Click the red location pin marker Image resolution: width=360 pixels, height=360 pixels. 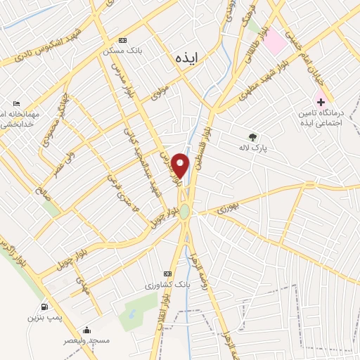click(x=181, y=166)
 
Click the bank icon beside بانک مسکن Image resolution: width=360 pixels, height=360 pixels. click(x=124, y=40)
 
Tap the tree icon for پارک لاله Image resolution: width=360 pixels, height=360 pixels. click(x=252, y=137)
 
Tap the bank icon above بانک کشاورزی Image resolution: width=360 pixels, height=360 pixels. click(x=167, y=273)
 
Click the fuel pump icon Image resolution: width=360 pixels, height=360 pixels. click(x=45, y=307)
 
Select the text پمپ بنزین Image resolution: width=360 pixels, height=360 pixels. click(x=40, y=319)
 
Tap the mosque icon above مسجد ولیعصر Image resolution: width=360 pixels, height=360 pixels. click(x=86, y=329)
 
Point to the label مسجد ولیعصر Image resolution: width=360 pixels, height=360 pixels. click(x=88, y=341)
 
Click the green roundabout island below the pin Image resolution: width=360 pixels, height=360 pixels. click(x=184, y=212)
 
